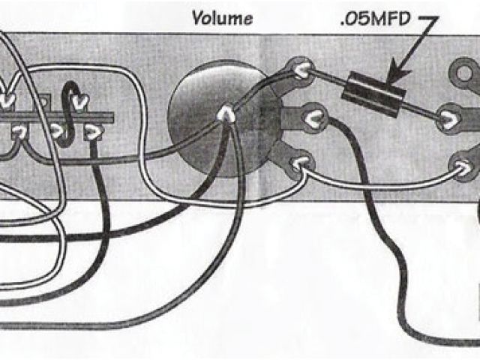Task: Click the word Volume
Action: [222, 17]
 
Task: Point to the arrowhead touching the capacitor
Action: [391, 74]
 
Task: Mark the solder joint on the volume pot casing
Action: [224, 115]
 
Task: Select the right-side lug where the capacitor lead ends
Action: [450, 118]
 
